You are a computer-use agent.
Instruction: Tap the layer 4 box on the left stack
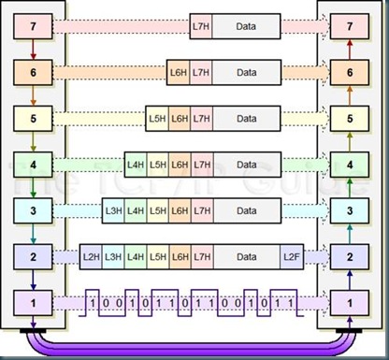click(x=33, y=165)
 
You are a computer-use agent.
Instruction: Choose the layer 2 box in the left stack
click(x=33, y=256)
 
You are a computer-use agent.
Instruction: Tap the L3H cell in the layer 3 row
click(x=112, y=210)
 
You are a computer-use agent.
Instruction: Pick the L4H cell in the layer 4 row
click(x=135, y=165)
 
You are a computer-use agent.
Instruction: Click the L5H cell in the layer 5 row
click(x=157, y=119)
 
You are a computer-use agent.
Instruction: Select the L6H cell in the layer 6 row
click(x=179, y=72)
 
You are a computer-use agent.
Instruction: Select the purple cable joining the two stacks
click(x=192, y=346)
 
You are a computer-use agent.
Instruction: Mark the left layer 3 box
click(x=33, y=210)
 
